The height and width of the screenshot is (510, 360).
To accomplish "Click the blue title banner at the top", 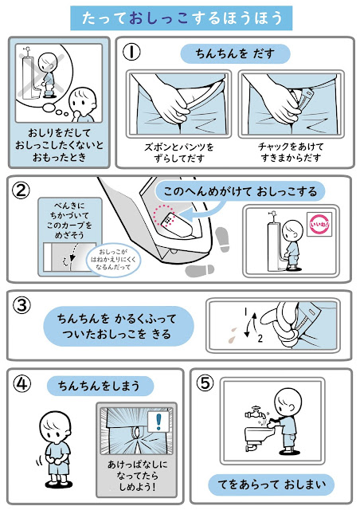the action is [x=181, y=18].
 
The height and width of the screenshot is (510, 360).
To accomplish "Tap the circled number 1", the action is [x=131, y=52].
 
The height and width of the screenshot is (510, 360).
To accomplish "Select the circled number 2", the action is [x=22, y=190].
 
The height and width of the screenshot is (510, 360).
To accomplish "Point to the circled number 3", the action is [x=22, y=305].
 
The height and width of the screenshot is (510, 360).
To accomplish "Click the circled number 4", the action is [x=22, y=384].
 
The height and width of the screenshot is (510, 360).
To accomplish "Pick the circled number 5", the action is [x=205, y=383].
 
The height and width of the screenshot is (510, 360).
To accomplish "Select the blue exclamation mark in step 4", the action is [x=158, y=422].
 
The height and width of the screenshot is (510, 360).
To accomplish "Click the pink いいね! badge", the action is [x=319, y=224].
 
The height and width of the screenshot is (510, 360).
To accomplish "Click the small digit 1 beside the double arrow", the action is [x=246, y=312].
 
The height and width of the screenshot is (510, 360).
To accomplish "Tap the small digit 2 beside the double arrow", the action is [x=260, y=339].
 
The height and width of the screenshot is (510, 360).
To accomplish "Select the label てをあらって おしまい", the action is [x=272, y=484].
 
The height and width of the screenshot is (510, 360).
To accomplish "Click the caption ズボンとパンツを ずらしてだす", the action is [x=179, y=152].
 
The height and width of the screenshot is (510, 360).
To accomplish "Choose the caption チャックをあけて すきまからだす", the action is [x=291, y=152].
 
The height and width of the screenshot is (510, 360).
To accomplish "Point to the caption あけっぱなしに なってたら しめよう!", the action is [x=137, y=475].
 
